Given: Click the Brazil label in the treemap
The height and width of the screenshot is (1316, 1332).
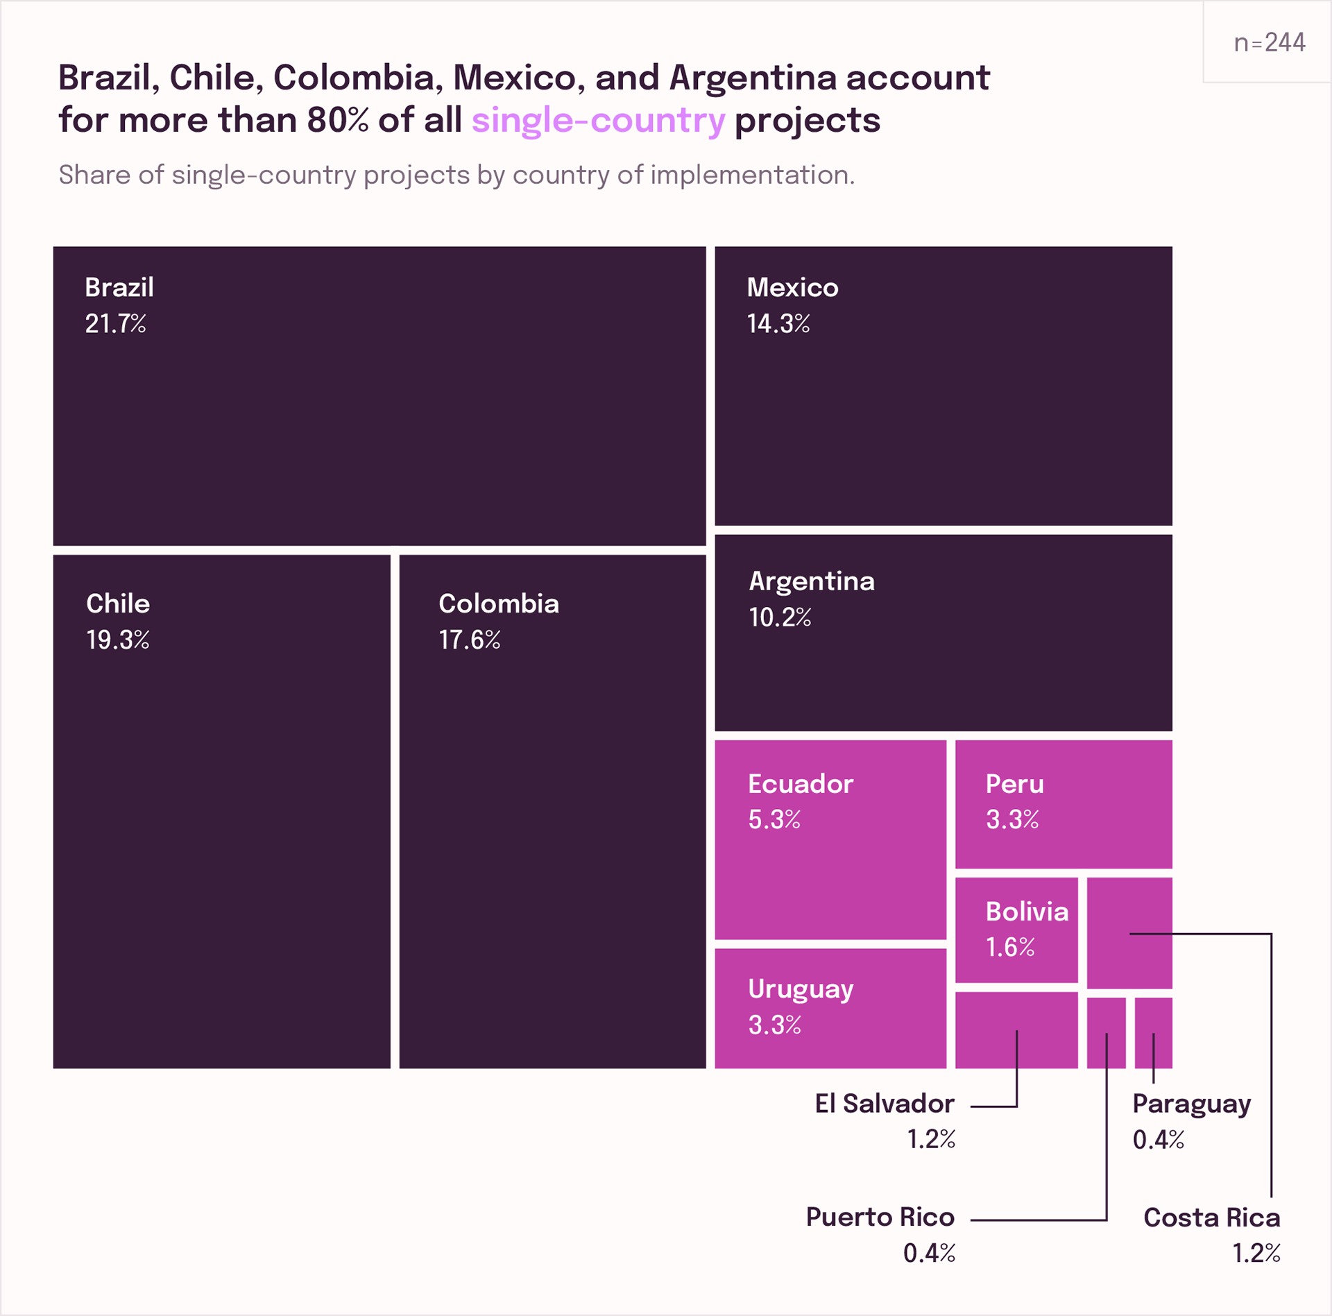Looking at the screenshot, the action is coord(119,287).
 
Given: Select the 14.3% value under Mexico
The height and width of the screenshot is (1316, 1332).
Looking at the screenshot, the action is coord(778,323).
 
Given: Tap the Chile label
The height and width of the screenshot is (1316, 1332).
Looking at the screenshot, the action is coord(118,604).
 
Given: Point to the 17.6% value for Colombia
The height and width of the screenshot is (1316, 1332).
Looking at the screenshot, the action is coord(470,640).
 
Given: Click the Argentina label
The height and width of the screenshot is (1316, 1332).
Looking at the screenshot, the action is coord(812,581).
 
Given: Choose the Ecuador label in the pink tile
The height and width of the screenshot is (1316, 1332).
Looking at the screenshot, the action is coord(801,784).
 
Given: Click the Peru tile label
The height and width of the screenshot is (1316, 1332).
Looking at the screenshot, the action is coord(1015,784).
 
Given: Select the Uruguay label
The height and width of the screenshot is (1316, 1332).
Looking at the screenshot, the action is coord(801,990).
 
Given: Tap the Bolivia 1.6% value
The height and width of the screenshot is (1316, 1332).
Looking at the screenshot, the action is coord(1011,947).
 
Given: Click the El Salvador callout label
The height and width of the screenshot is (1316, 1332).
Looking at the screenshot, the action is coord(885,1104).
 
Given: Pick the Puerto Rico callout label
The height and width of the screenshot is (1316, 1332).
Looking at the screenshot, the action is coord(880,1217).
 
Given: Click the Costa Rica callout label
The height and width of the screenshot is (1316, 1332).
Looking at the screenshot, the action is coord(1212,1217).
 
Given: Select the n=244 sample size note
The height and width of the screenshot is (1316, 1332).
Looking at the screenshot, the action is coord(1270,43).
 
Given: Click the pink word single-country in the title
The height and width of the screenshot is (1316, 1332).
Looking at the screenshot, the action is coord(599,121).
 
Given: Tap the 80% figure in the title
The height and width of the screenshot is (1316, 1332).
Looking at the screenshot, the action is coord(339,120).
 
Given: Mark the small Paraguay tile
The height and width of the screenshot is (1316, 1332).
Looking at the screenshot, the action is coord(1154,1033).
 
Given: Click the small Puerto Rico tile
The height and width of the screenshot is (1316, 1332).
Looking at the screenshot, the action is coord(1107,1033).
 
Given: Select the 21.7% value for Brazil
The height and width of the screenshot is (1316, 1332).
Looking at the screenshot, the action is coord(116,323).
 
